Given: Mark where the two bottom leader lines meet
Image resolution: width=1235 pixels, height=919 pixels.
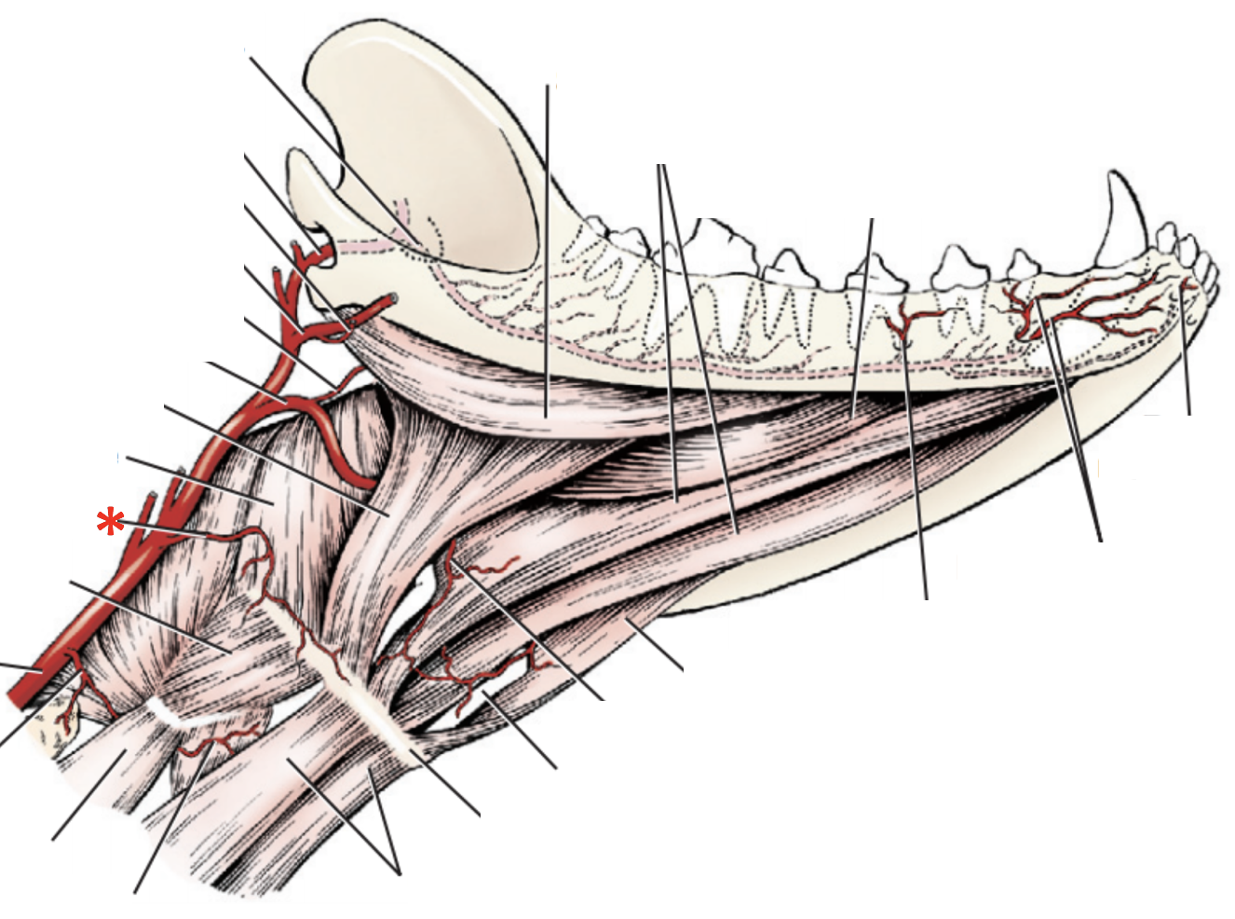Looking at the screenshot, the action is pyautogui.click(x=400, y=873).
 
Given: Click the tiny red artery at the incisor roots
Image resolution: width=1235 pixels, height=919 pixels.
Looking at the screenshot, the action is pyautogui.click(x=1185, y=284).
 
